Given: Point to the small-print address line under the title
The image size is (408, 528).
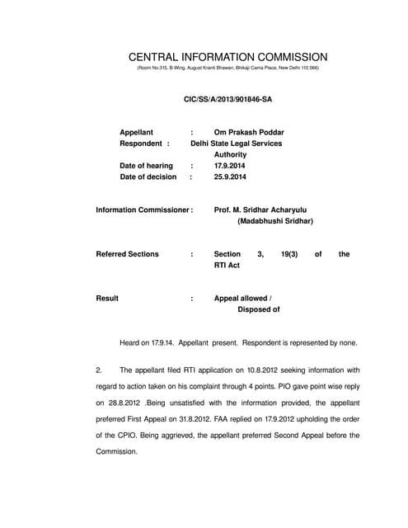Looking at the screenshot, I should coord(227,68).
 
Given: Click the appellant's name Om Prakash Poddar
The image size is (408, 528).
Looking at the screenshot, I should coord(249,132).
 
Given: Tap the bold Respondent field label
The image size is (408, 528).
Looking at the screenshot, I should coord(143,143).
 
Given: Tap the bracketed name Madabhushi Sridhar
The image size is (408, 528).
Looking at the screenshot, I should coord(275,221).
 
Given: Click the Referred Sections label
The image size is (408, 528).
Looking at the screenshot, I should coord(128,254).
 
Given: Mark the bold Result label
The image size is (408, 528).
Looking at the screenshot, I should coord(108,298).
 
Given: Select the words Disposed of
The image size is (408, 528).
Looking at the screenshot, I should coord(259,309).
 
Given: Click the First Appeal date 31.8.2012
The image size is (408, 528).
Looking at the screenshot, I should coord(192,419).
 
